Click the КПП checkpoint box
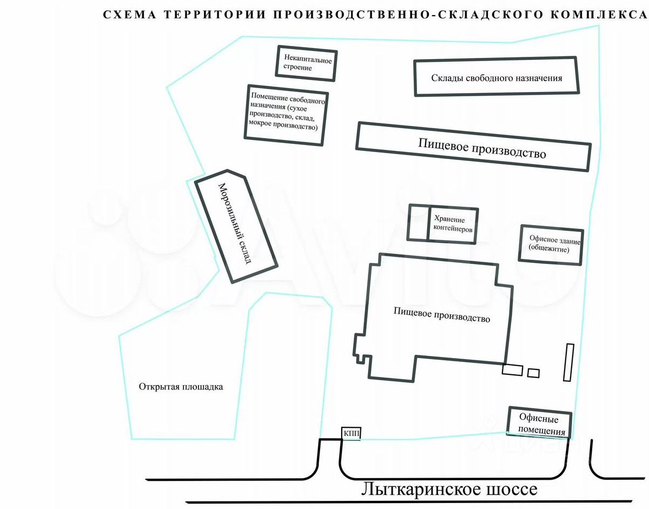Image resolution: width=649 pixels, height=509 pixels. coord(350,433)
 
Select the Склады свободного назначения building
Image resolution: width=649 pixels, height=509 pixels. coord(496,77)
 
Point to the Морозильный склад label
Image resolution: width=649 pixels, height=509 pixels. coord(235,223)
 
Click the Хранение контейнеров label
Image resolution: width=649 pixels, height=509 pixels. coord(453,224)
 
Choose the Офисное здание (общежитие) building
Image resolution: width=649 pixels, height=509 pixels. coord(551,245)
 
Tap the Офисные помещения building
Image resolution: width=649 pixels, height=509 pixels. coord(539,422)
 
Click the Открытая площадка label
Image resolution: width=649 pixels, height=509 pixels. coord(181,387)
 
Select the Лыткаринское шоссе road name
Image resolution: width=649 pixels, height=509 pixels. coord(449,490)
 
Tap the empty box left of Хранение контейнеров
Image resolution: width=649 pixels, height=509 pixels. coord(419,223)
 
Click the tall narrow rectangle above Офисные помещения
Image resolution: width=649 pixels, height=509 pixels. coord(568,362)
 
